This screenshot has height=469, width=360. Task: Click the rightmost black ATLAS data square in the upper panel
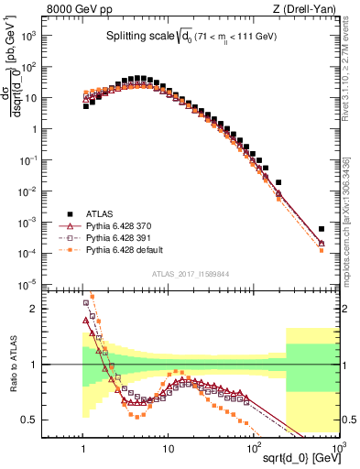[322, 229]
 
